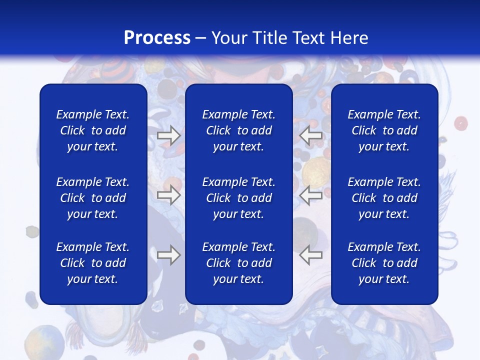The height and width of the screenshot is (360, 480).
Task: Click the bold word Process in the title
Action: pos(157,38)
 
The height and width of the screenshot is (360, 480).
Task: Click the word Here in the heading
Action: pos(349,38)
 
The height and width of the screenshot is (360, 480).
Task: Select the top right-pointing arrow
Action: pos(168,135)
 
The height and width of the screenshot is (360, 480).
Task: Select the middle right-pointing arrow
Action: pos(168,195)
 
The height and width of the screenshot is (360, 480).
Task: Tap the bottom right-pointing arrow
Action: pos(168,255)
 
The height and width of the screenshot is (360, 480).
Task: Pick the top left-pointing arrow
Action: pos(310,135)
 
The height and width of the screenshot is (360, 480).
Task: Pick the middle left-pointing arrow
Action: pos(310,195)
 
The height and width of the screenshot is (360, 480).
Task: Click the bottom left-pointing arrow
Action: pos(310,255)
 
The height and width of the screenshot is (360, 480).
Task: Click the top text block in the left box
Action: pos(93,130)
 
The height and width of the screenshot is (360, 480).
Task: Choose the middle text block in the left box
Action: pos(93,198)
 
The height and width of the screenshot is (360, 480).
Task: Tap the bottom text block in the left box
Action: pos(93,263)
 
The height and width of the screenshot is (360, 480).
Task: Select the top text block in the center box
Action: pos(239,130)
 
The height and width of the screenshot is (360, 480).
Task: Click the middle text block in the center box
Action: pos(239,198)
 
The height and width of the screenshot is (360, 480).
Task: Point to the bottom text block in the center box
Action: pos(239,263)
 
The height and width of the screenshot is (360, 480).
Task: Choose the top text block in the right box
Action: pos(384,130)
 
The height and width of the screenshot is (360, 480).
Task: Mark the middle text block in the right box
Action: pos(384,198)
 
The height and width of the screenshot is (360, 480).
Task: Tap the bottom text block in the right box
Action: pos(384,263)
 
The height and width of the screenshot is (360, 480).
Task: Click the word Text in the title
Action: pos(309,38)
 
